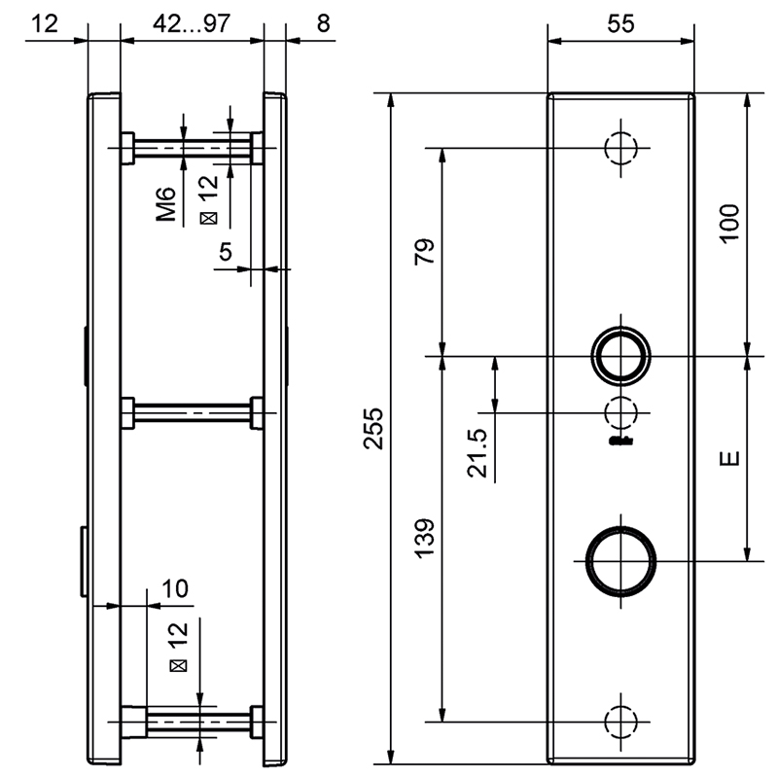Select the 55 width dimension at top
(x=621, y=25)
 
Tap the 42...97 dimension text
(x=192, y=25)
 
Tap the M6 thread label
(x=168, y=204)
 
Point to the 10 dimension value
(x=174, y=588)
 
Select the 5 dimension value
(x=225, y=253)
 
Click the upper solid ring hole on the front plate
(x=621, y=355)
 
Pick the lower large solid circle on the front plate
(x=620, y=561)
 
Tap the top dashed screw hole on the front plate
(x=620, y=148)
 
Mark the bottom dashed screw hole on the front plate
(x=620, y=721)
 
